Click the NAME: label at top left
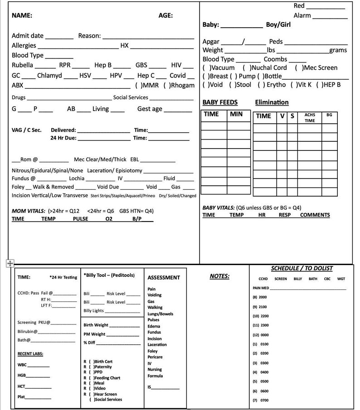(22, 15)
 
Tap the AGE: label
(165, 15)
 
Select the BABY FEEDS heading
(220, 102)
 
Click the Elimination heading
(272, 102)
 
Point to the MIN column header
(236, 114)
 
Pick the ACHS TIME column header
(310, 118)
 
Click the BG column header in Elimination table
(329, 115)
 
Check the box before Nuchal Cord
(247, 68)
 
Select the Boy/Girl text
(278, 24)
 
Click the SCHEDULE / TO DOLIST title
(302, 268)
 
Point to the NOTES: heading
(219, 276)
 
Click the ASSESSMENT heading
(164, 277)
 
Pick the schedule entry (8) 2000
(260, 297)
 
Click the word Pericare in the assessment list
(155, 357)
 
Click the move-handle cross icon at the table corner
(10, 264)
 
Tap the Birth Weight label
(96, 325)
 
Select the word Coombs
(275, 59)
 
